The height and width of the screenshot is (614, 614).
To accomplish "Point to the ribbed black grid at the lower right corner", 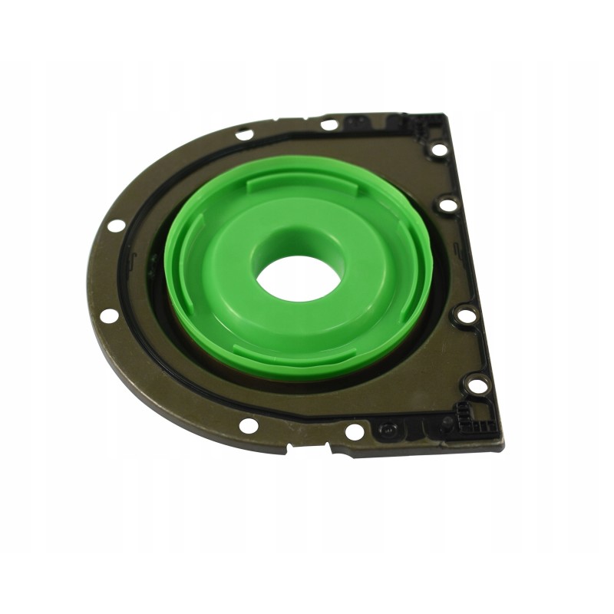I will (x=469, y=421).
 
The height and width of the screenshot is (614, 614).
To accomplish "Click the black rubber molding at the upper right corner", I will (x=418, y=123).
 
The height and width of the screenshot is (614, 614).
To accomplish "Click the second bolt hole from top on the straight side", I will (x=447, y=206).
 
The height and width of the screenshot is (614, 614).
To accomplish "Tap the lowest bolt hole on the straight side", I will (x=477, y=385).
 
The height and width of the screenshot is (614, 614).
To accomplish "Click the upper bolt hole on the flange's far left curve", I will (x=116, y=226).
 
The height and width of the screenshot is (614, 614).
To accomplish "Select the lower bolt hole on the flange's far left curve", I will (x=110, y=315).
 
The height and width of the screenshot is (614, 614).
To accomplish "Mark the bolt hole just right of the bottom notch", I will (x=354, y=432).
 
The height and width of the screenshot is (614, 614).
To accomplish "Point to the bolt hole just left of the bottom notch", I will (x=248, y=424).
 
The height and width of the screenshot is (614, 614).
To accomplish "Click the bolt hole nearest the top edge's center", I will (x=329, y=124).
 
